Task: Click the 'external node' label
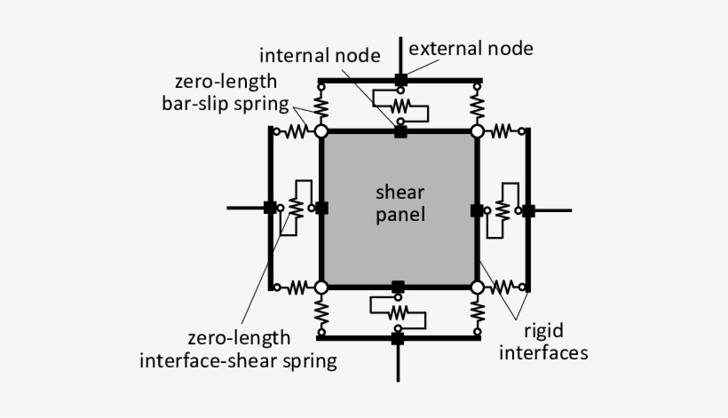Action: pos(471,48)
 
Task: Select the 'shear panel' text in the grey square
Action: pos(400,203)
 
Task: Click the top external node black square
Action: pos(400,81)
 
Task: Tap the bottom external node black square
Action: pos(398,338)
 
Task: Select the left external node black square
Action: pos(269,208)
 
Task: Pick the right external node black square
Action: pos(527,210)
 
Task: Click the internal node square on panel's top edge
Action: pos(400,132)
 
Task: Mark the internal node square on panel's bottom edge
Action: pos(398,286)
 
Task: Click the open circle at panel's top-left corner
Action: pos(321,131)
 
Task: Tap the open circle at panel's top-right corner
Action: pos(477,131)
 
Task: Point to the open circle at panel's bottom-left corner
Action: pos(321,287)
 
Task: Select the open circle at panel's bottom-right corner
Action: pos(477,287)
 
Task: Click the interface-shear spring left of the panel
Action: pos(296,208)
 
